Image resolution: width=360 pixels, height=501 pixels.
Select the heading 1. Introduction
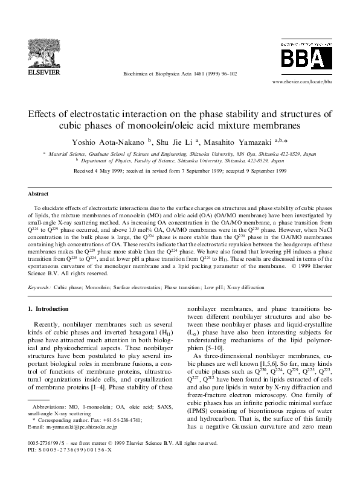point(51,309)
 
